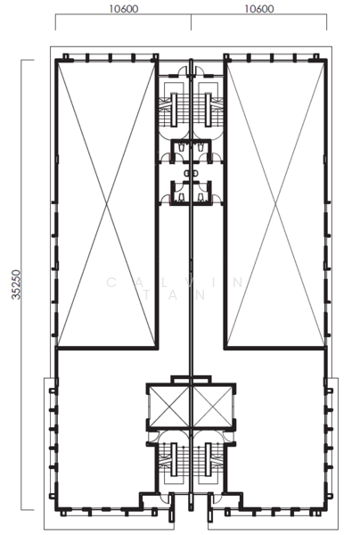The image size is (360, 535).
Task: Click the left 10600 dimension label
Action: tap(124, 9)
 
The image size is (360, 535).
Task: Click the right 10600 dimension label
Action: tap(259, 9)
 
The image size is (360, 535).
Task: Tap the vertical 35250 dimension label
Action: tap(16, 285)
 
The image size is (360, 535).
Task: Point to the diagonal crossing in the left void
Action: tap(107, 204)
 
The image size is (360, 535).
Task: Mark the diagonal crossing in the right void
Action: tap(275, 204)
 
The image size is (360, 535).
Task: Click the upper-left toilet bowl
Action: tap(182, 147)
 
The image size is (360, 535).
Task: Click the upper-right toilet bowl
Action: tap(200, 147)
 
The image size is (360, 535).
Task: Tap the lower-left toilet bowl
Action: tap(182, 196)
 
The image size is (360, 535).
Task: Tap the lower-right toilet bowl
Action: tap(200, 196)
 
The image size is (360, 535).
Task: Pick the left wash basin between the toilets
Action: tap(187, 173)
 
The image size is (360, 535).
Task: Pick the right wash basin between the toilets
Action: tap(195, 173)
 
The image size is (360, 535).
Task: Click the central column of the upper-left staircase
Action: tap(174, 111)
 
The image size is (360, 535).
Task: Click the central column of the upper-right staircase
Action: tap(208, 111)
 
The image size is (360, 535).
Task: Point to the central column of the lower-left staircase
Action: tap(174, 460)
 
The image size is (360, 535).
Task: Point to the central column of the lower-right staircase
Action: tap(208, 460)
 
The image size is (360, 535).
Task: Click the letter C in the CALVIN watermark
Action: tap(111, 283)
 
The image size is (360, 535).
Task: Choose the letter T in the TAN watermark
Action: tap(146, 295)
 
